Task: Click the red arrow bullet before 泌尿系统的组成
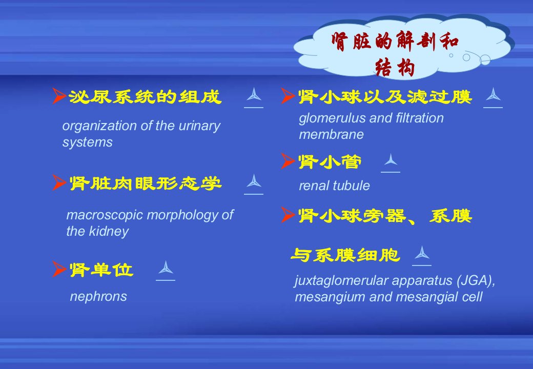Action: coord(59,96)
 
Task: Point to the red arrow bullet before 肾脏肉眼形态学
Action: coord(59,182)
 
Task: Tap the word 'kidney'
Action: coord(109,232)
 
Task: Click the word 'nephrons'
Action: coord(98,297)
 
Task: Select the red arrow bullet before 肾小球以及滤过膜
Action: coord(288,96)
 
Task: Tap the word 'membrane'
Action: coord(331,135)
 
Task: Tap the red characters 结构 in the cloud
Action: coord(395,67)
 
